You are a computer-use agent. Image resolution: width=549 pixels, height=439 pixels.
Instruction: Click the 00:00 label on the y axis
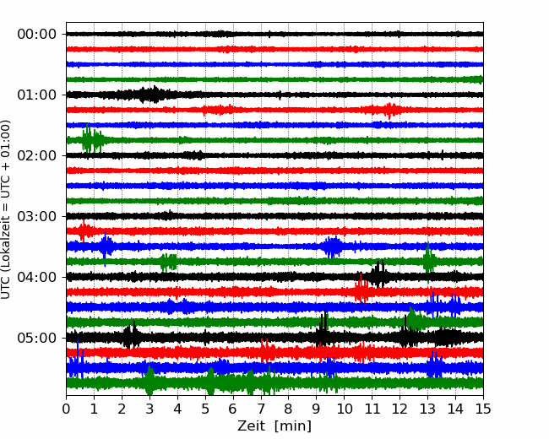[37, 35]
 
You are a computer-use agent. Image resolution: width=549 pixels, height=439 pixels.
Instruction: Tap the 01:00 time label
[37, 95]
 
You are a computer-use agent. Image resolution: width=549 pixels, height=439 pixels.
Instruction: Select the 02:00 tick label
[37, 155]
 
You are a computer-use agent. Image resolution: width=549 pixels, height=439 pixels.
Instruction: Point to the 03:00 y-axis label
[37, 216]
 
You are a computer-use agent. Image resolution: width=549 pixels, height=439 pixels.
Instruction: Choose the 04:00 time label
[37, 277]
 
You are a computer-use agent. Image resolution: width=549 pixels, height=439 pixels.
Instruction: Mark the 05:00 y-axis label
[37, 338]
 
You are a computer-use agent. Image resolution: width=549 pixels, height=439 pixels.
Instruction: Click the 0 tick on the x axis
[66, 409]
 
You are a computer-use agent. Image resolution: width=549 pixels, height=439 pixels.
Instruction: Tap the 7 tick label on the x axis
[261, 409]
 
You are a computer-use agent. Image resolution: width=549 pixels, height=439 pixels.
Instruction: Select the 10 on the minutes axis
[344, 409]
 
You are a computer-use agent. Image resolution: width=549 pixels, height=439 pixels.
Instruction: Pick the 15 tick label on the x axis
[483, 409]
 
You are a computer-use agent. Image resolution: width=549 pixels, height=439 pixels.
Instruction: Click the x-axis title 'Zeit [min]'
[274, 426]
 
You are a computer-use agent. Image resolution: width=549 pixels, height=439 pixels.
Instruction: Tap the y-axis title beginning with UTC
[5, 209]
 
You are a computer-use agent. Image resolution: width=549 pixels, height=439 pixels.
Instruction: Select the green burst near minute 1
[92, 140]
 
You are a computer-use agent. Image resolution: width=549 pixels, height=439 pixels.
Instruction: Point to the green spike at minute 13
[428, 262]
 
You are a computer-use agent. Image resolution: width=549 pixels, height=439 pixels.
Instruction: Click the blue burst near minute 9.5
[332, 247]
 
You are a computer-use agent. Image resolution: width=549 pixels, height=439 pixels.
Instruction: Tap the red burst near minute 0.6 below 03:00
[84, 230]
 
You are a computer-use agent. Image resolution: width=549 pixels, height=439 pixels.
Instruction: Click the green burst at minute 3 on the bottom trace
[149, 381]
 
